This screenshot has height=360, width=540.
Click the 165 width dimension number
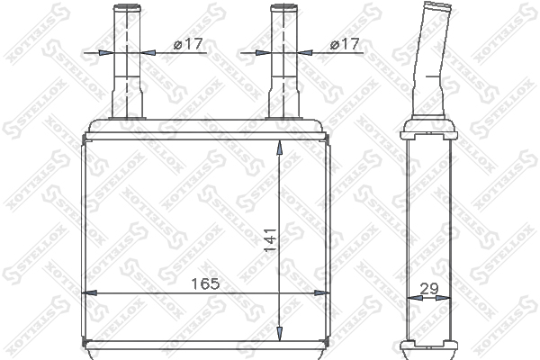click(205, 283)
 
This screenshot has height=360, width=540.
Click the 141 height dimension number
click(270, 239)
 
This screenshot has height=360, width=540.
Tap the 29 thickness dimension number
click(429, 289)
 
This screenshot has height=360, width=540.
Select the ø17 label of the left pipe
click(188, 44)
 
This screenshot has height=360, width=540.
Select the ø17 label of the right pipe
click(345, 44)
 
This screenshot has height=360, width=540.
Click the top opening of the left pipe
click(127, 6)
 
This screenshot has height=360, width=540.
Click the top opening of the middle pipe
click(283, 6)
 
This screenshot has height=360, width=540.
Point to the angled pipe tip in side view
click(437, 6)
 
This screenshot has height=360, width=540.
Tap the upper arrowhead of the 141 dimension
click(280, 147)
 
